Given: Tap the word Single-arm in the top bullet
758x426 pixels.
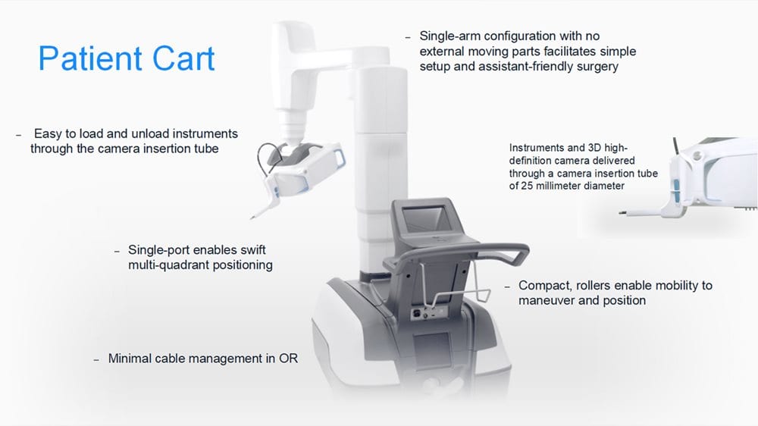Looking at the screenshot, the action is (x=449, y=36).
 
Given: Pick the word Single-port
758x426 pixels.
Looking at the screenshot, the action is (x=159, y=250).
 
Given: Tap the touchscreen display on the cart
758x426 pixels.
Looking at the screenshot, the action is (x=425, y=218).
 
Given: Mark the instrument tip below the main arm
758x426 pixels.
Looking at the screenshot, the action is (x=252, y=218).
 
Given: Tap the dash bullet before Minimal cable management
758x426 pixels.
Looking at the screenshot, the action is (x=96, y=360).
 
